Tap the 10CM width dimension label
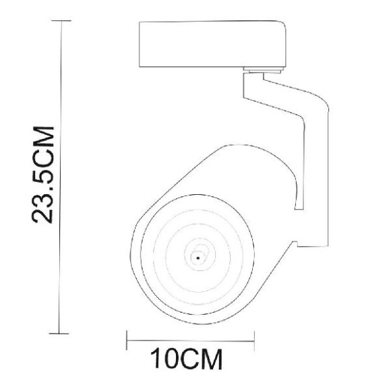point(185,359)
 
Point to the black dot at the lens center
point(198,257)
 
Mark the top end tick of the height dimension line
point(61,22)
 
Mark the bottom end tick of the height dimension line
point(61,332)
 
